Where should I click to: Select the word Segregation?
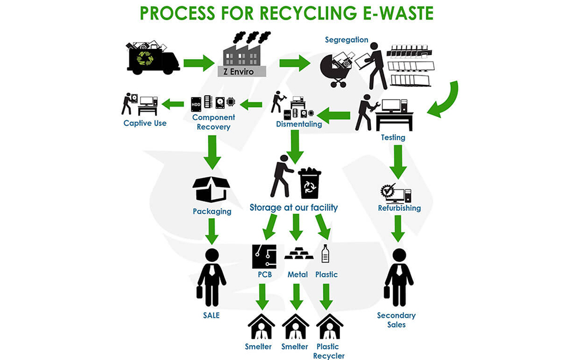(x=346, y=40)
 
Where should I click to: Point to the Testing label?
(x=393, y=138)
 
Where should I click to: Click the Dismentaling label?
(x=298, y=124)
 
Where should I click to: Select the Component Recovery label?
(x=214, y=122)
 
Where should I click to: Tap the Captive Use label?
(x=145, y=123)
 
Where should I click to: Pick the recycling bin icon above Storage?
(x=309, y=183)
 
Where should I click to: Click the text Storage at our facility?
(x=293, y=207)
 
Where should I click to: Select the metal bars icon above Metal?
(x=298, y=253)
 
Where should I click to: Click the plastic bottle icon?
(x=325, y=254)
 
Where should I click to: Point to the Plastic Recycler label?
(x=328, y=351)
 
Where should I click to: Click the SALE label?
(x=211, y=315)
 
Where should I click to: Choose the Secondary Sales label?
(x=396, y=320)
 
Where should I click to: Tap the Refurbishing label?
(x=399, y=208)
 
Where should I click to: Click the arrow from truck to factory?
(x=199, y=63)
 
